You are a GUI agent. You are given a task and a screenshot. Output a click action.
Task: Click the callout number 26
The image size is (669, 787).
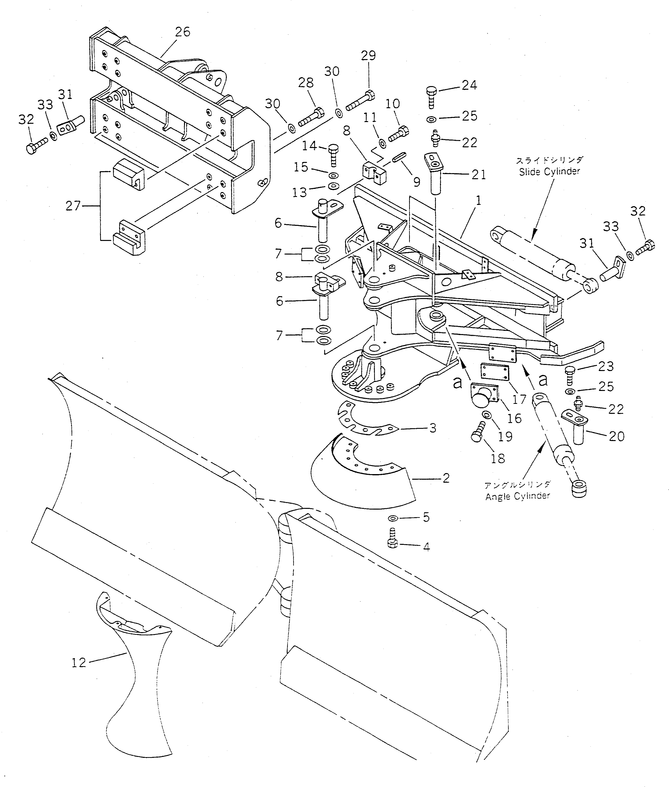click(x=182, y=32)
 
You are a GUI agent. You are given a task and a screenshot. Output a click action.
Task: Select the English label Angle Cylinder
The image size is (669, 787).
click(x=517, y=496)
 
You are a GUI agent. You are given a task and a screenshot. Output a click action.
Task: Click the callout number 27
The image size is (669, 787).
click(x=73, y=206)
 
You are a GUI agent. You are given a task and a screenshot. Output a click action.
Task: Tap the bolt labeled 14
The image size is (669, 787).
click(x=332, y=154)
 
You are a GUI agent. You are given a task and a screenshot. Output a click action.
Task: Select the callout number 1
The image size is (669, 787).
click(x=479, y=200)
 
